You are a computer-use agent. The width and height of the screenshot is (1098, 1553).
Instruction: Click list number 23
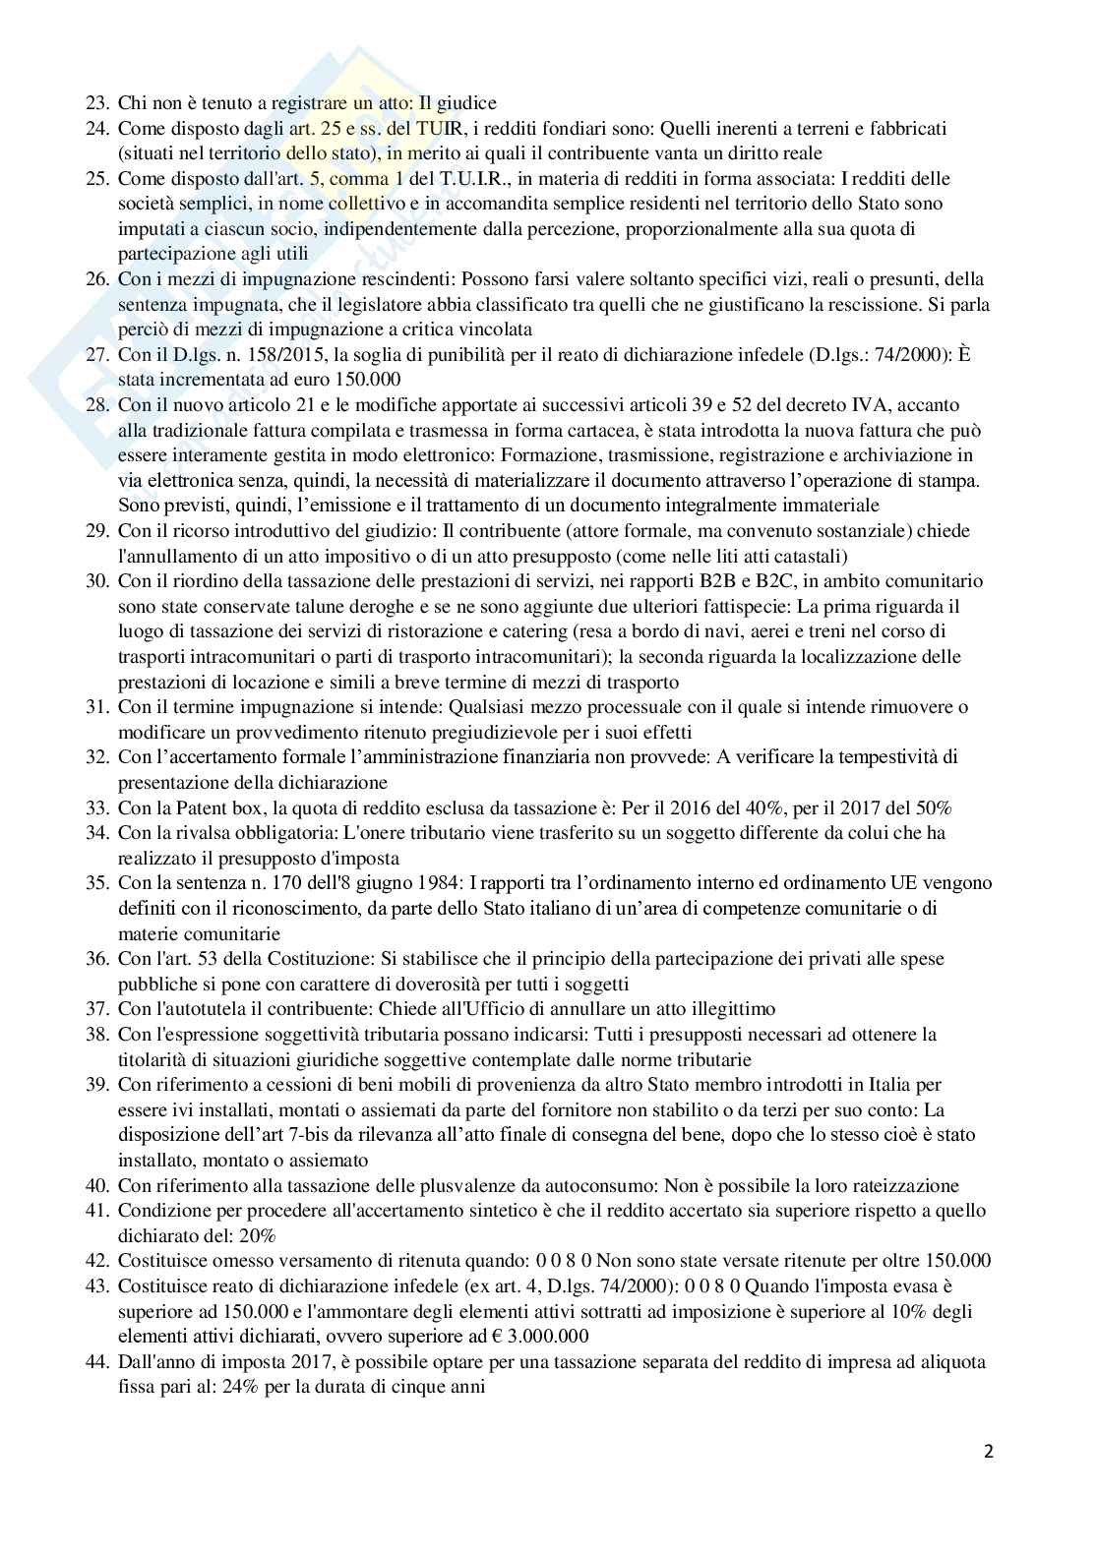pyautogui.click(x=97, y=102)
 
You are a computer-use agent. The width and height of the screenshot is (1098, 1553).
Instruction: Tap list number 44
pyautogui.click(x=97, y=1362)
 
